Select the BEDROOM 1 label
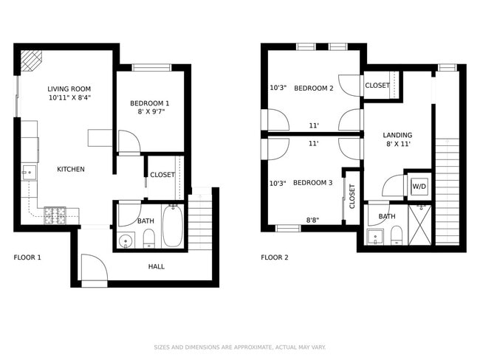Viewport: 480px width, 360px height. pyautogui.click(x=150, y=103)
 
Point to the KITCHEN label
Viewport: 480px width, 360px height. pyautogui.click(x=71, y=169)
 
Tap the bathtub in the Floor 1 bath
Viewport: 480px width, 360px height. pyautogui.click(x=172, y=226)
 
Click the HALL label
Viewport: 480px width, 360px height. pyautogui.click(x=157, y=266)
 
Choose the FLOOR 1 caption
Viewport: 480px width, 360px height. pyautogui.click(x=27, y=257)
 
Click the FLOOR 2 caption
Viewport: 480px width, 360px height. pyautogui.click(x=275, y=257)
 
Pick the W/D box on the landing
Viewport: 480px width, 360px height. pyautogui.click(x=419, y=187)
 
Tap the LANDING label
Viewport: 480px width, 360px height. pyautogui.click(x=397, y=135)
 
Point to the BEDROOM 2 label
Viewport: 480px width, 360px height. pyautogui.click(x=314, y=89)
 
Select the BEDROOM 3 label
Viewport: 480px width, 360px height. pyautogui.click(x=312, y=183)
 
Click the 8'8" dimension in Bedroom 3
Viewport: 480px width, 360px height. pyautogui.click(x=314, y=220)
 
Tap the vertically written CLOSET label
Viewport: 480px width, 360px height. pyautogui.click(x=352, y=195)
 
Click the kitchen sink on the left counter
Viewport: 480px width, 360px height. pyautogui.click(x=28, y=174)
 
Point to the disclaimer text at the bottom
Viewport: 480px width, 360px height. pyautogui.click(x=239, y=347)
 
